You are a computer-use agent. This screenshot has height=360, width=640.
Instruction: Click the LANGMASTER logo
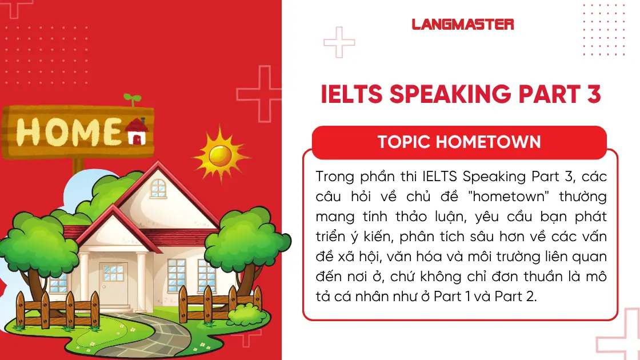pos(462,25)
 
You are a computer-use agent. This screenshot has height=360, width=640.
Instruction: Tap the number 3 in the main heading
pos(594,94)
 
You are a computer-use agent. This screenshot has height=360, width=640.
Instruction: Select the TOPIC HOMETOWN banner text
pos(459,142)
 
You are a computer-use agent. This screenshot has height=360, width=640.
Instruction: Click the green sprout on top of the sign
pos(132,100)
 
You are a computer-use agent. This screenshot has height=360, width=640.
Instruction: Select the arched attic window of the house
pos(158,187)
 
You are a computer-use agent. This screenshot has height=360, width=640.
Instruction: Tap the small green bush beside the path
pos(247,313)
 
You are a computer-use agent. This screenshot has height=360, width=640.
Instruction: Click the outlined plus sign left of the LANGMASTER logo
pos(339,42)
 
